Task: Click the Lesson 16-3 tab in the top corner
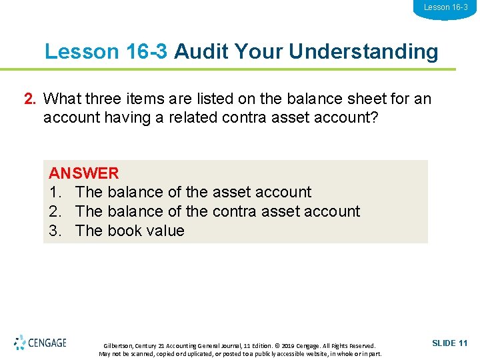(446, 7)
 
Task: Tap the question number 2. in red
(30, 99)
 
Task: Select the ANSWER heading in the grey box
(84, 173)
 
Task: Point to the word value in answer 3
(166, 231)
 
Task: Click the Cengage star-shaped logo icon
(20, 343)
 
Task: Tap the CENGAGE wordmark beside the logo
(47, 343)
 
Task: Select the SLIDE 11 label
(450, 343)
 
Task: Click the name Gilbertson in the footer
(118, 346)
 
